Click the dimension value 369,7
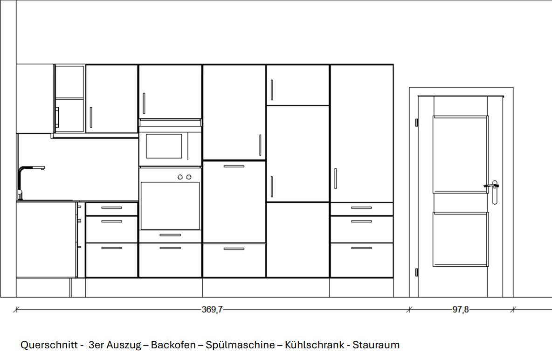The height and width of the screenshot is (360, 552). click(x=212, y=310)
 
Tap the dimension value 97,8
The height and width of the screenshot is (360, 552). click(x=461, y=310)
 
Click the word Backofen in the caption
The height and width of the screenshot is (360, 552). click(x=173, y=345)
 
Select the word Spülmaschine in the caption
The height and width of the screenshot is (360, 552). click(x=240, y=345)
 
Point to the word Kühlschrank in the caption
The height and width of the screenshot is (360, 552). click(x=314, y=345)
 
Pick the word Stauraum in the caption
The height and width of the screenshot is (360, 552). click(x=376, y=345)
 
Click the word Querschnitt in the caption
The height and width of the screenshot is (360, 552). click(x=49, y=345)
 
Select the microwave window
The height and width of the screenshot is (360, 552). click(x=164, y=146)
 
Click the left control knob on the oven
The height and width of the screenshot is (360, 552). click(x=180, y=177)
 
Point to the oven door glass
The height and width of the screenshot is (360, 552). click(x=170, y=206)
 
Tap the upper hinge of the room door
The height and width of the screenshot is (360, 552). click(x=416, y=123)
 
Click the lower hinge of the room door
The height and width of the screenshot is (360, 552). click(x=416, y=272)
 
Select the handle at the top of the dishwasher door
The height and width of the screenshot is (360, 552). click(x=234, y=166)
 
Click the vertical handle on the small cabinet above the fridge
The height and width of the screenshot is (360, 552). click(x=272, y=90)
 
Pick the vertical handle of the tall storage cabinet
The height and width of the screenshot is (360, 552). click(x=336, y=179)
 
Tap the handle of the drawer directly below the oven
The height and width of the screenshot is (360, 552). click(x=170, y=235)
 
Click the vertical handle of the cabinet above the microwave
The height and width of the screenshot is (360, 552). click(x=144, y=103)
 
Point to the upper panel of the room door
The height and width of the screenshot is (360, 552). click(x=461, y=154)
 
